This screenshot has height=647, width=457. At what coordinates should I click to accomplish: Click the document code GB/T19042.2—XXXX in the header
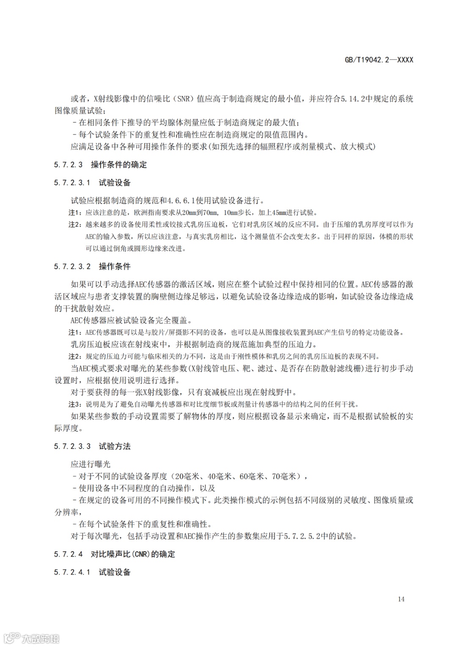(379, 60)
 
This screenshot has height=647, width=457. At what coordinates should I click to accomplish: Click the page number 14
(401, 599)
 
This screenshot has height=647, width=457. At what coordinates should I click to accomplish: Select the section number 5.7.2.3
(68, 165)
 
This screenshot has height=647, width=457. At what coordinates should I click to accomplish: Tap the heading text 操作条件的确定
(118, 165)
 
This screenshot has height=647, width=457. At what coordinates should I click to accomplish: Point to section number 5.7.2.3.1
(72, 183)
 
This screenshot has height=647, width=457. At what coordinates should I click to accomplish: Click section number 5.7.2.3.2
(72, 266)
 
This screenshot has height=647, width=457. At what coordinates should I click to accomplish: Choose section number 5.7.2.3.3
(72, 446)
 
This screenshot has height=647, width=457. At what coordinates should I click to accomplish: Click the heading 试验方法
(115, 446)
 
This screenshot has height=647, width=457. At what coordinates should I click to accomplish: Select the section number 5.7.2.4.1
(72, 572)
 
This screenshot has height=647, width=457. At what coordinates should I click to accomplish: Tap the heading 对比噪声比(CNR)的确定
(133, 554)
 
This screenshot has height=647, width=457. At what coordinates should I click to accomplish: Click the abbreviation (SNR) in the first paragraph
(183, 99)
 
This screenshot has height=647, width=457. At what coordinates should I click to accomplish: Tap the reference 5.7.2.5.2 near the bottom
(302, 536)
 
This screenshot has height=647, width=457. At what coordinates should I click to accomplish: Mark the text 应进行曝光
(91, 465)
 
